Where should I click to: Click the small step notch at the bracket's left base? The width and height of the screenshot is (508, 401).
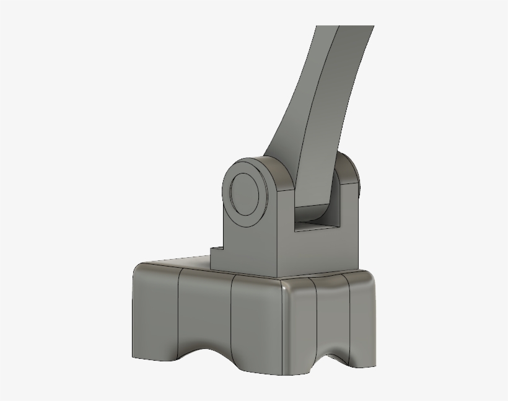click(x=216, y=251)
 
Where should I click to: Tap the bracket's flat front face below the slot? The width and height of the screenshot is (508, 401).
click(x=316, y=254)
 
